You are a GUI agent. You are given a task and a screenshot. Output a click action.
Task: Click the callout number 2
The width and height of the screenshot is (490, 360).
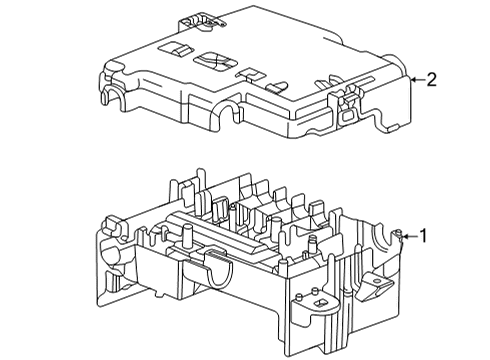(x=431, y=80)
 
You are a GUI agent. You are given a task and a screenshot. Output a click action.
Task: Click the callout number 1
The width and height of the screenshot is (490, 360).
(x=423, y=236)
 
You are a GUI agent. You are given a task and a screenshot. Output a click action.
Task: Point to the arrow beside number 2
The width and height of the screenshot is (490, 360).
(x=418, y=80)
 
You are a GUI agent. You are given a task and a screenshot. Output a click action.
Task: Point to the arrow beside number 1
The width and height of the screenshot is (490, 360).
(x=410, y=237)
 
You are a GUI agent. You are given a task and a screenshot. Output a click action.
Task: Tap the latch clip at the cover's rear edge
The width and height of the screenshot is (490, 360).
(x=201, y=21)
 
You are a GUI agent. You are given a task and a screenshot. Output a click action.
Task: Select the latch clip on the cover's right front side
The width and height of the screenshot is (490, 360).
(x=347, y=105)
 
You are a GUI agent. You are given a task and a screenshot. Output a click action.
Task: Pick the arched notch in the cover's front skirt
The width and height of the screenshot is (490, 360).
(x=228, y=113)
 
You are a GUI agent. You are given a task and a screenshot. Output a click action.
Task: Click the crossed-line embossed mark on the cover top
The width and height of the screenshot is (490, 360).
(x=216, y=61)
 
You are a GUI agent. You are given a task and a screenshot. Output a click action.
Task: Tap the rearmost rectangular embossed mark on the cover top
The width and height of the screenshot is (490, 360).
(x=176, y=48)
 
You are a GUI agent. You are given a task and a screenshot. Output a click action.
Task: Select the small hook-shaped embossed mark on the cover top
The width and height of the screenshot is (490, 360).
(x=250, y=74)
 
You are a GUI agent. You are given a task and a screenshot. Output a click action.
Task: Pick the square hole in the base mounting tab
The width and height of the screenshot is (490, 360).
(x=322, y=303)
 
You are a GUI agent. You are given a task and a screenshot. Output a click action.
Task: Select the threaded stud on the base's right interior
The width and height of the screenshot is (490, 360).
(x=313, y=245)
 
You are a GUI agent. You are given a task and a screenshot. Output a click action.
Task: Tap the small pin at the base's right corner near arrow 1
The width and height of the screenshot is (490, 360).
(x=398, y=233)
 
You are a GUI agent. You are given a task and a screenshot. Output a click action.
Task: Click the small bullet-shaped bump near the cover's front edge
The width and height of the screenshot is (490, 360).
(x=276, y=87)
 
